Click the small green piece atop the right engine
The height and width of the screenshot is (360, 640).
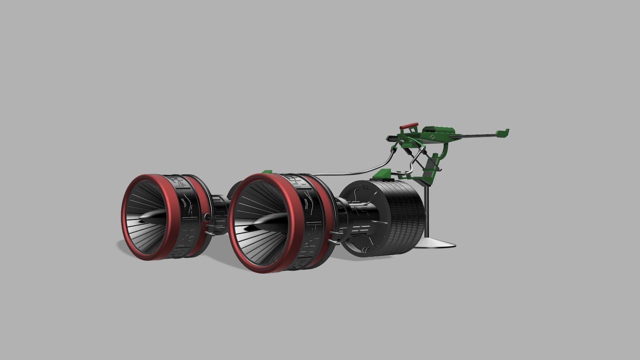click(x=267, y=172)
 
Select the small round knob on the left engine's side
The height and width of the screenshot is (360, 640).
click(x=207, y=217)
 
